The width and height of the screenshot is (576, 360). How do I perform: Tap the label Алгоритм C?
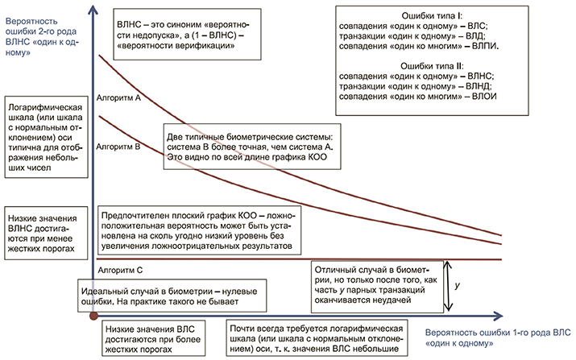[119, 272]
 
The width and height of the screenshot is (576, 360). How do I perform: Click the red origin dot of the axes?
[93, 317]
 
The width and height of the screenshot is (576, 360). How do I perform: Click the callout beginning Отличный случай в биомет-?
[374, 287]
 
